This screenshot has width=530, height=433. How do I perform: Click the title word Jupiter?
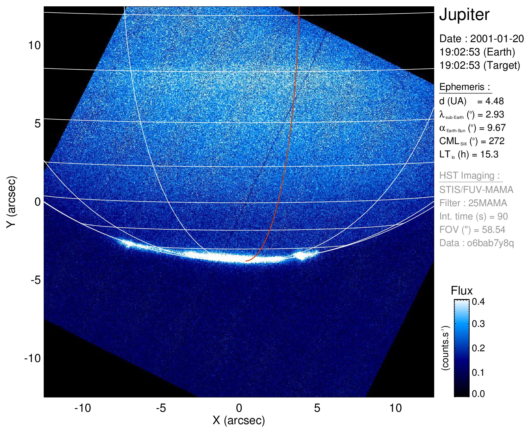464,15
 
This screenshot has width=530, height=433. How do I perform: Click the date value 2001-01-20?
497,39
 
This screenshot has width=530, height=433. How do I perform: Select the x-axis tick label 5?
317,408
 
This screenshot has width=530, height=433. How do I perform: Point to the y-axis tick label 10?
34,45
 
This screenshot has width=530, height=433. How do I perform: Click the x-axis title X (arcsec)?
239,420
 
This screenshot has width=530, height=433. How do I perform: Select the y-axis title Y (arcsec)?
11,202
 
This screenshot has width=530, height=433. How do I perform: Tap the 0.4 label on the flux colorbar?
478,301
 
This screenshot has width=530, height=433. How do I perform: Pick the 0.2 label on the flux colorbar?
478,348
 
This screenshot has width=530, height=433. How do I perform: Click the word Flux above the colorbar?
462,291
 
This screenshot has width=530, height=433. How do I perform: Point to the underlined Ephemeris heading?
465,87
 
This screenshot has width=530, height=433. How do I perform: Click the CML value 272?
497,141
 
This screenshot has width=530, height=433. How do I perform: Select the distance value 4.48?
495,101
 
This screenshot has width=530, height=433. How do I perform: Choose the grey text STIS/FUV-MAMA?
476,190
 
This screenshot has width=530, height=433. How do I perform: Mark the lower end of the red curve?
246,261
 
